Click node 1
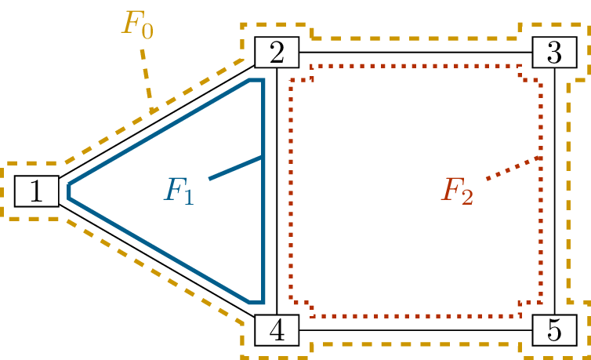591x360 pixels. click(x=36, y=191)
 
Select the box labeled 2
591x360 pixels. click(x=276, y=54)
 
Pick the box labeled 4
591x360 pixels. click(x=276, y=330)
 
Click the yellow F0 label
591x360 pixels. click(x=138, y=23)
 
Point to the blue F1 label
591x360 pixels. click(x=179, y=190)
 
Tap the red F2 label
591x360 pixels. click(x=457, y=191)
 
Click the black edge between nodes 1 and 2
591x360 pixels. click(x=157, y=122)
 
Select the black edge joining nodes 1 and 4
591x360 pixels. click(x=157, y=260)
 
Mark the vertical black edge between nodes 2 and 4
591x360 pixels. click(x=278, y=192)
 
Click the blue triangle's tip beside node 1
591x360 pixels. click(x=70, y=191)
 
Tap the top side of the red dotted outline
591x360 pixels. click(x=415, y=65)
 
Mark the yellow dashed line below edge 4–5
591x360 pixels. click(x=415, y=344)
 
